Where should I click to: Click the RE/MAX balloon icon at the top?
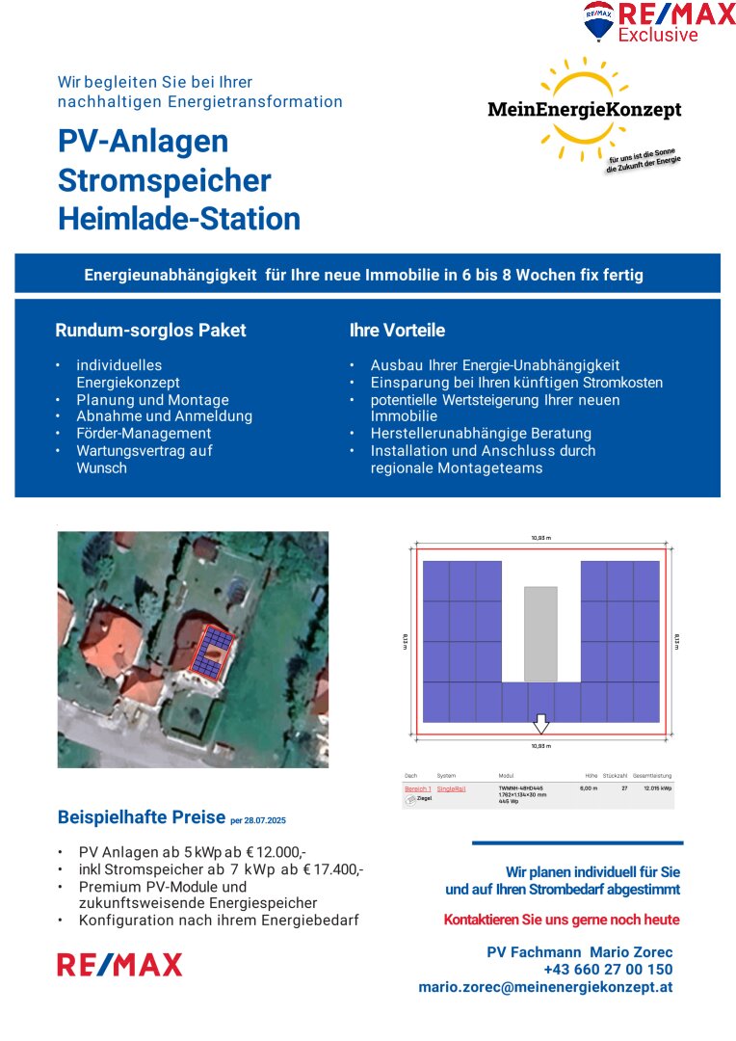(598, 20)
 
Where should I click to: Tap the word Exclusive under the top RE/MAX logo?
(658, 36)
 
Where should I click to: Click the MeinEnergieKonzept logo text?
(584, 110)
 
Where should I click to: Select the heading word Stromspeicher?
(165, 180)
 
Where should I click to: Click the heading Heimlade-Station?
(179, 219)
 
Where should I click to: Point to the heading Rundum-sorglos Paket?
(150, 331)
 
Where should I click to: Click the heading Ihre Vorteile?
(397, 331)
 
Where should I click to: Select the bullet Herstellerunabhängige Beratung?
(481, 434)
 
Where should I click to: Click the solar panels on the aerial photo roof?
(211, 651)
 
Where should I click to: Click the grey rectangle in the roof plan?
(540, 632)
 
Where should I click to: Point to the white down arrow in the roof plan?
(541, 723)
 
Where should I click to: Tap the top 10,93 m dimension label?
(540, 538)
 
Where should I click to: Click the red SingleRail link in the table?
(451, 788)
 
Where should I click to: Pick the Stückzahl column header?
(615, 776)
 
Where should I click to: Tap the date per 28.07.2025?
(258, 820)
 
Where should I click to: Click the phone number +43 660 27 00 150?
(608, 970)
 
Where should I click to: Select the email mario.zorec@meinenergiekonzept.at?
(545, 987)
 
